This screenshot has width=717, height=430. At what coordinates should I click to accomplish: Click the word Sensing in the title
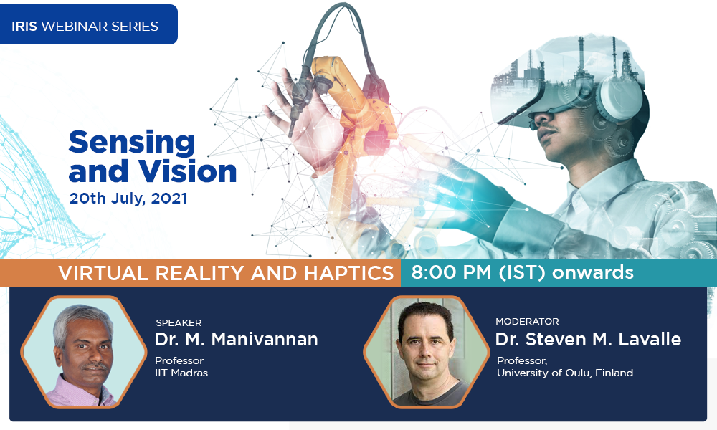132,143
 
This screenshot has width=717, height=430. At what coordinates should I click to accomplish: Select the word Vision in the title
187,171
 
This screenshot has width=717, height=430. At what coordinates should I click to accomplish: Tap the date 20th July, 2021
128,199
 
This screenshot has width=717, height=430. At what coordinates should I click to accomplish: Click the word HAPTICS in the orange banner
348,273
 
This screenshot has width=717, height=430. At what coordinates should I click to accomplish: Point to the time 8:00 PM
452,272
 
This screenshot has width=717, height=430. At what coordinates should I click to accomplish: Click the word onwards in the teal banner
593,272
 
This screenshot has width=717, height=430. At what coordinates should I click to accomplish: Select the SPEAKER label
179,322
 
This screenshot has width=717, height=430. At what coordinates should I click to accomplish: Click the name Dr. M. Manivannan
237,340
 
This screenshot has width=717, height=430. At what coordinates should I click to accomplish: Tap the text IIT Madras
181,373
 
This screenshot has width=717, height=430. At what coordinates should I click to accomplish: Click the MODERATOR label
527,321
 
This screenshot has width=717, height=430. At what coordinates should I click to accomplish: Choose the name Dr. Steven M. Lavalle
589,340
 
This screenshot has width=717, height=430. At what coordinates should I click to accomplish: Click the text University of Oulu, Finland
565,373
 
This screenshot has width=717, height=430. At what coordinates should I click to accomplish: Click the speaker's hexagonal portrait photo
84,352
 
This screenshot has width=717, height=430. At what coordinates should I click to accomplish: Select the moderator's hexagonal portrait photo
426,352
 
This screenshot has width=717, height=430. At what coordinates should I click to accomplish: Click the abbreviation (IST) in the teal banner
522,272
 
